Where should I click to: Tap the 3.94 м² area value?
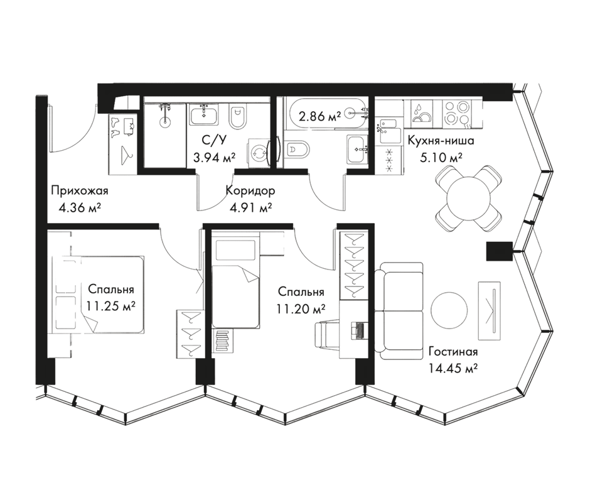pos(214,158)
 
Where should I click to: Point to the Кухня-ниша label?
pos(440,142)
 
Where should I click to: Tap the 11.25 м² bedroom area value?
pos(112,306)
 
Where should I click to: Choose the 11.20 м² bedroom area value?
pos(301,308)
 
